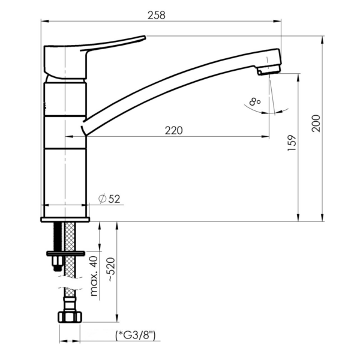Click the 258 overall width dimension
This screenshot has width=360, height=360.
point(157,16)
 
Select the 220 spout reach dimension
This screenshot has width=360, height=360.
point(174,130)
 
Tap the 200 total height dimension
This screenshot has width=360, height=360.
point(316,123)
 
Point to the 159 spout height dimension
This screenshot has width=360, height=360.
point(292,143)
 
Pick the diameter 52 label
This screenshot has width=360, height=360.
point(109,199)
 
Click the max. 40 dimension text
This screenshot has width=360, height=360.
point(94,276)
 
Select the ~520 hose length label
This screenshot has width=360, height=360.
point(111,270)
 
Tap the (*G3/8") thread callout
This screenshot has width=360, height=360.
point(136,335)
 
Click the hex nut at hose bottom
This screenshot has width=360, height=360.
point(70,317)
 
